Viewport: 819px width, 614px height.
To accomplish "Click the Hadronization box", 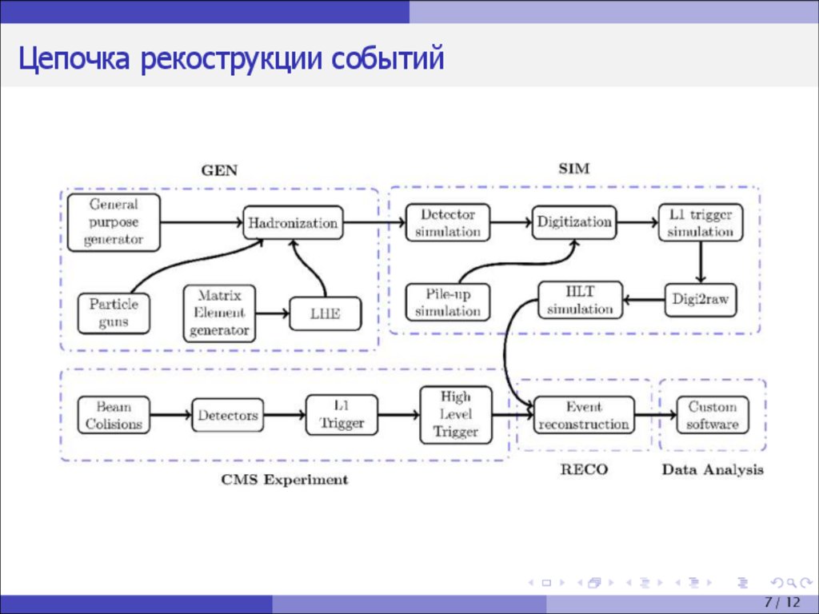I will (x=293, y=222).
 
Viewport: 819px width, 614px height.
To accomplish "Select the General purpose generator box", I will (x=114, y=221).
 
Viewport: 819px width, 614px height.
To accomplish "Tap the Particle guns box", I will (x=113, y=313).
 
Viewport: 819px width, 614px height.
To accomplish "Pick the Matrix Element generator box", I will (x=219, y=313).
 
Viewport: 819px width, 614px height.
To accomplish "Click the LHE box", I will (x=325, y=313).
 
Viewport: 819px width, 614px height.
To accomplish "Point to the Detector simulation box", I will (x=447, y=222).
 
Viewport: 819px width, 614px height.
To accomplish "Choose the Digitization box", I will (x=574, y=222).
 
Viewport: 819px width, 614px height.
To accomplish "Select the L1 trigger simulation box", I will (x=701, y=222).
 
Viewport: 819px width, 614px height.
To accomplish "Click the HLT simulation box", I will (x=580, y=300).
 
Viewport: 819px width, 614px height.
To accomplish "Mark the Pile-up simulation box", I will (x=447, y=303).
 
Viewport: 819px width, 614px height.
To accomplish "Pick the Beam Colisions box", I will (x=114, y=415).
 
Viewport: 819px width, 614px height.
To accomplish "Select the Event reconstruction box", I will (x=583, y=416).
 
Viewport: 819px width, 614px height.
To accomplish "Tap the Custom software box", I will (x=712, y=416).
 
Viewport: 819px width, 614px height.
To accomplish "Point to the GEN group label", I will (x=219, y=169).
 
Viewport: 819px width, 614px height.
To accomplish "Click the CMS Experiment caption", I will (x=284, y=480).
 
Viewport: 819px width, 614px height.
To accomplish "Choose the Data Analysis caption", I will (x=712, y=469).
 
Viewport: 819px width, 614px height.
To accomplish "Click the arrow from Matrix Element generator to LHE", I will (x=272, y=313).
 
